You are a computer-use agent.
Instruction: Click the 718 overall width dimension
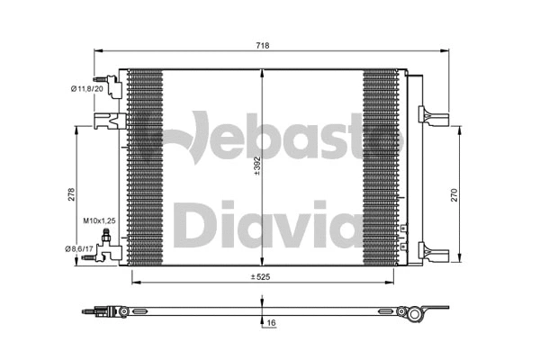click(263, 45)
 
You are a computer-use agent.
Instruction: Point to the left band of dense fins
click(145, 166)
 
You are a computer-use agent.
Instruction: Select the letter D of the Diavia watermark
click(193, 224)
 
